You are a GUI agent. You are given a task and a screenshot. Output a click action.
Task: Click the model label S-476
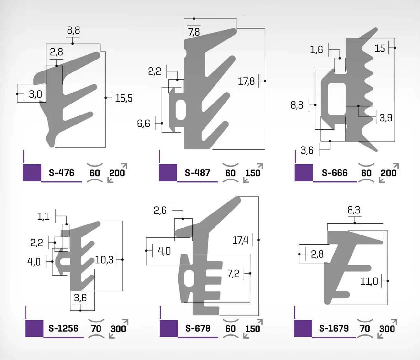click(x=62, y=173)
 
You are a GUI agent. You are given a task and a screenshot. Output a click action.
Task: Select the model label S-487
click(x=197, y=173)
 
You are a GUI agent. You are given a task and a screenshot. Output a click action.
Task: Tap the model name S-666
click(x=335, y=173)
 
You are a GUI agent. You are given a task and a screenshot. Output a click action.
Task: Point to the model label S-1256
click(x=63, y=328)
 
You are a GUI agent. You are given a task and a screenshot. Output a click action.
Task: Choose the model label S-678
click(x=198, y=328)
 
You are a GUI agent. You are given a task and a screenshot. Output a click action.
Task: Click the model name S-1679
click(x=334, y=328)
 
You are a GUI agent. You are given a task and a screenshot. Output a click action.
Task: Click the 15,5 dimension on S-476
click(x=124, y=98)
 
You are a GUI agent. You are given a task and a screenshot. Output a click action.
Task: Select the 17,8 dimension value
click(x=246, y=82)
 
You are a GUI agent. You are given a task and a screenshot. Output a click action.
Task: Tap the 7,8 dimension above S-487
click(x=194, y=32)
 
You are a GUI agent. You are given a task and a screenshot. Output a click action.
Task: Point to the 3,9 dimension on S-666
click(x=386, y=118)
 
